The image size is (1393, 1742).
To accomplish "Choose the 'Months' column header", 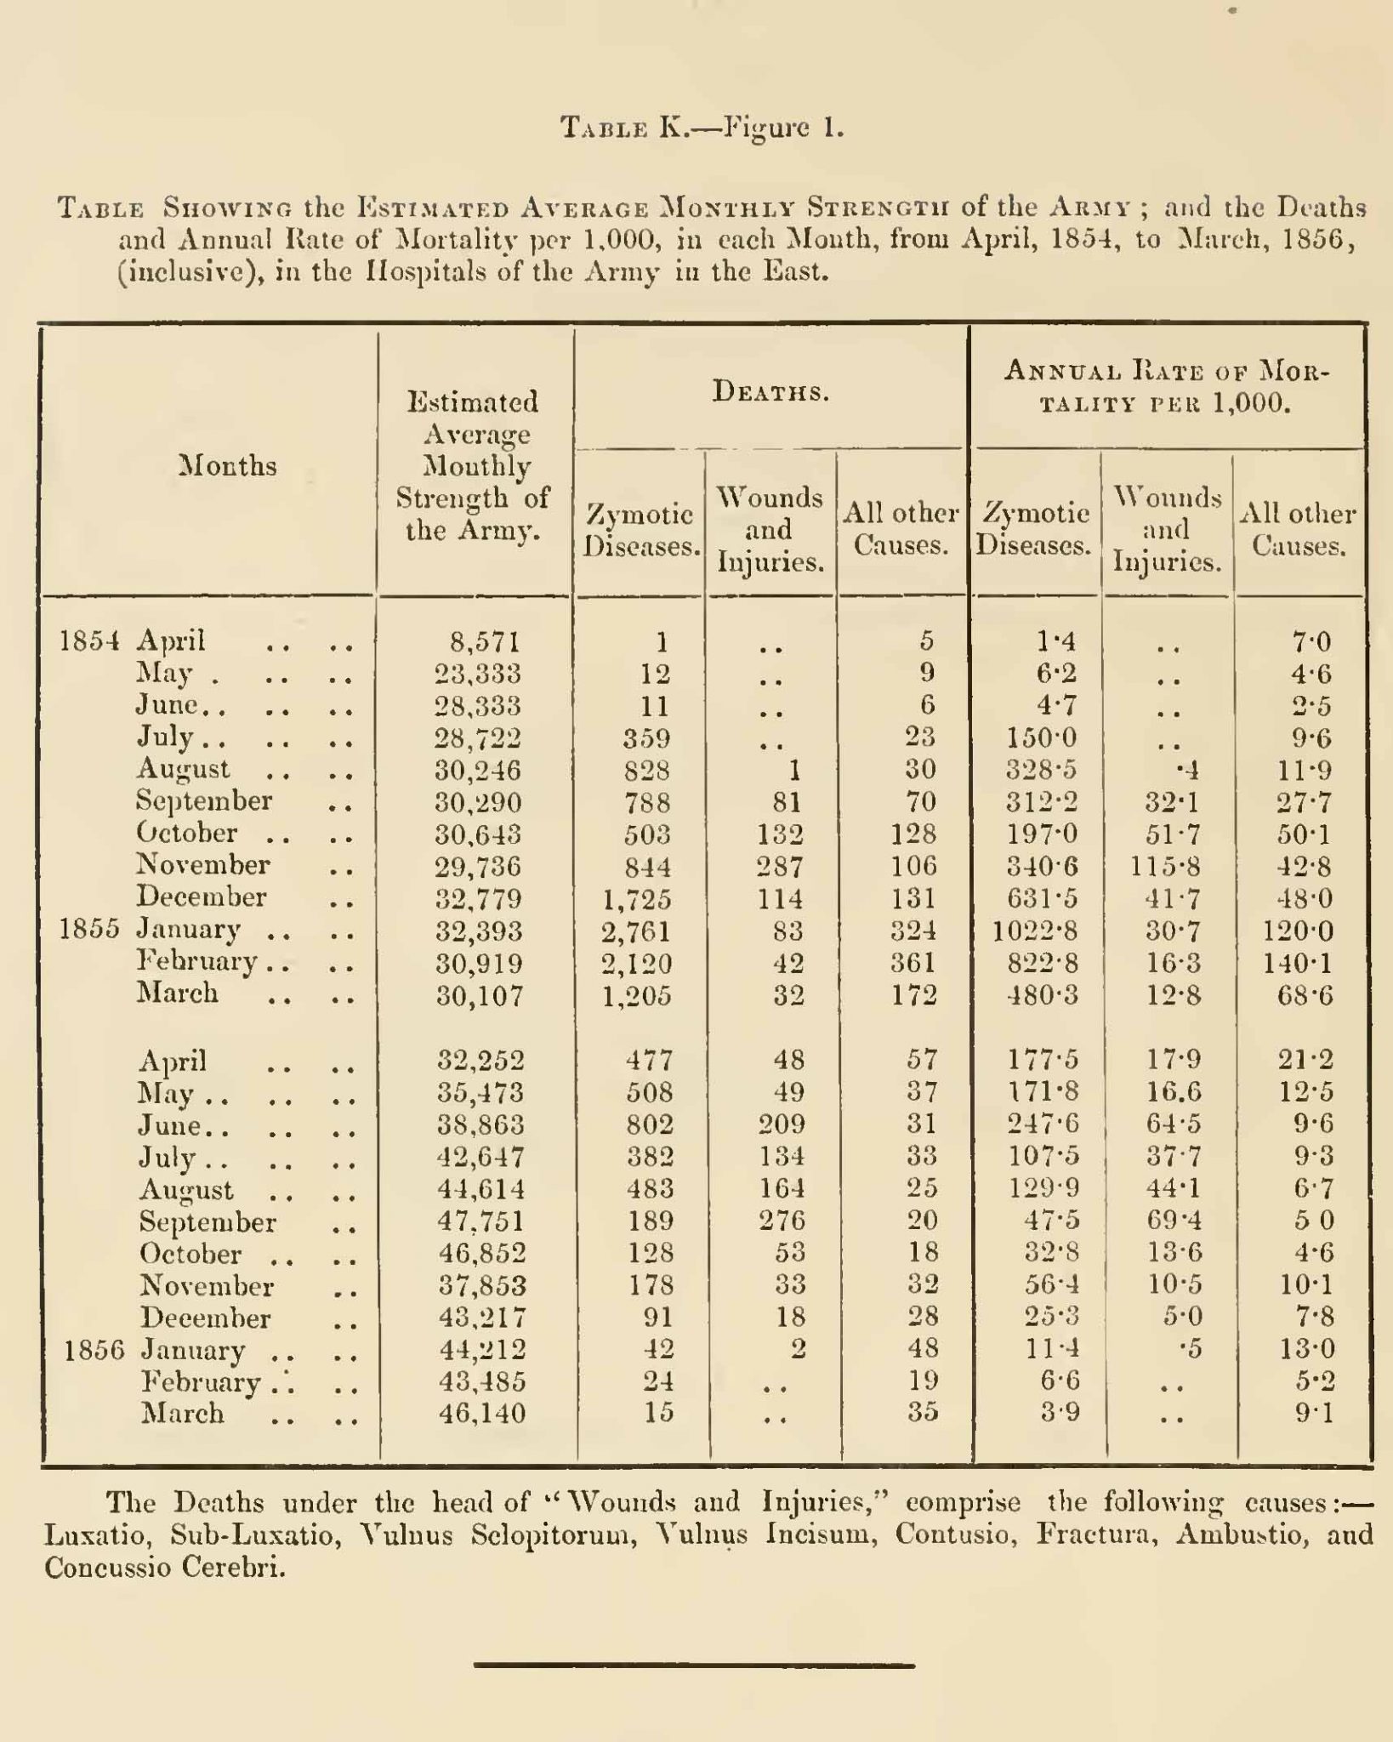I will (x=228, y=466).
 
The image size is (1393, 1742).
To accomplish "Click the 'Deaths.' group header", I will (x=770, y=392).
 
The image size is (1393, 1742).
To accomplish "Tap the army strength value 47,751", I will (x=480, y=1222).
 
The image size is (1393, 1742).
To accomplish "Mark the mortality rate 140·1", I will (x=1299, y=963).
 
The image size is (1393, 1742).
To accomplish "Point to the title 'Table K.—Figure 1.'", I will (x=702, y=128).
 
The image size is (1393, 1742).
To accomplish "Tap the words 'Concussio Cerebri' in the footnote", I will (x=163, y=1568).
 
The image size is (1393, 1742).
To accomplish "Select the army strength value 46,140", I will (x=480, y=1414).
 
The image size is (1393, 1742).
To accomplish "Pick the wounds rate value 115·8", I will (x=1165, y=867).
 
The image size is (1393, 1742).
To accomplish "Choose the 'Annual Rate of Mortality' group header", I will (x=1166, y=386).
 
